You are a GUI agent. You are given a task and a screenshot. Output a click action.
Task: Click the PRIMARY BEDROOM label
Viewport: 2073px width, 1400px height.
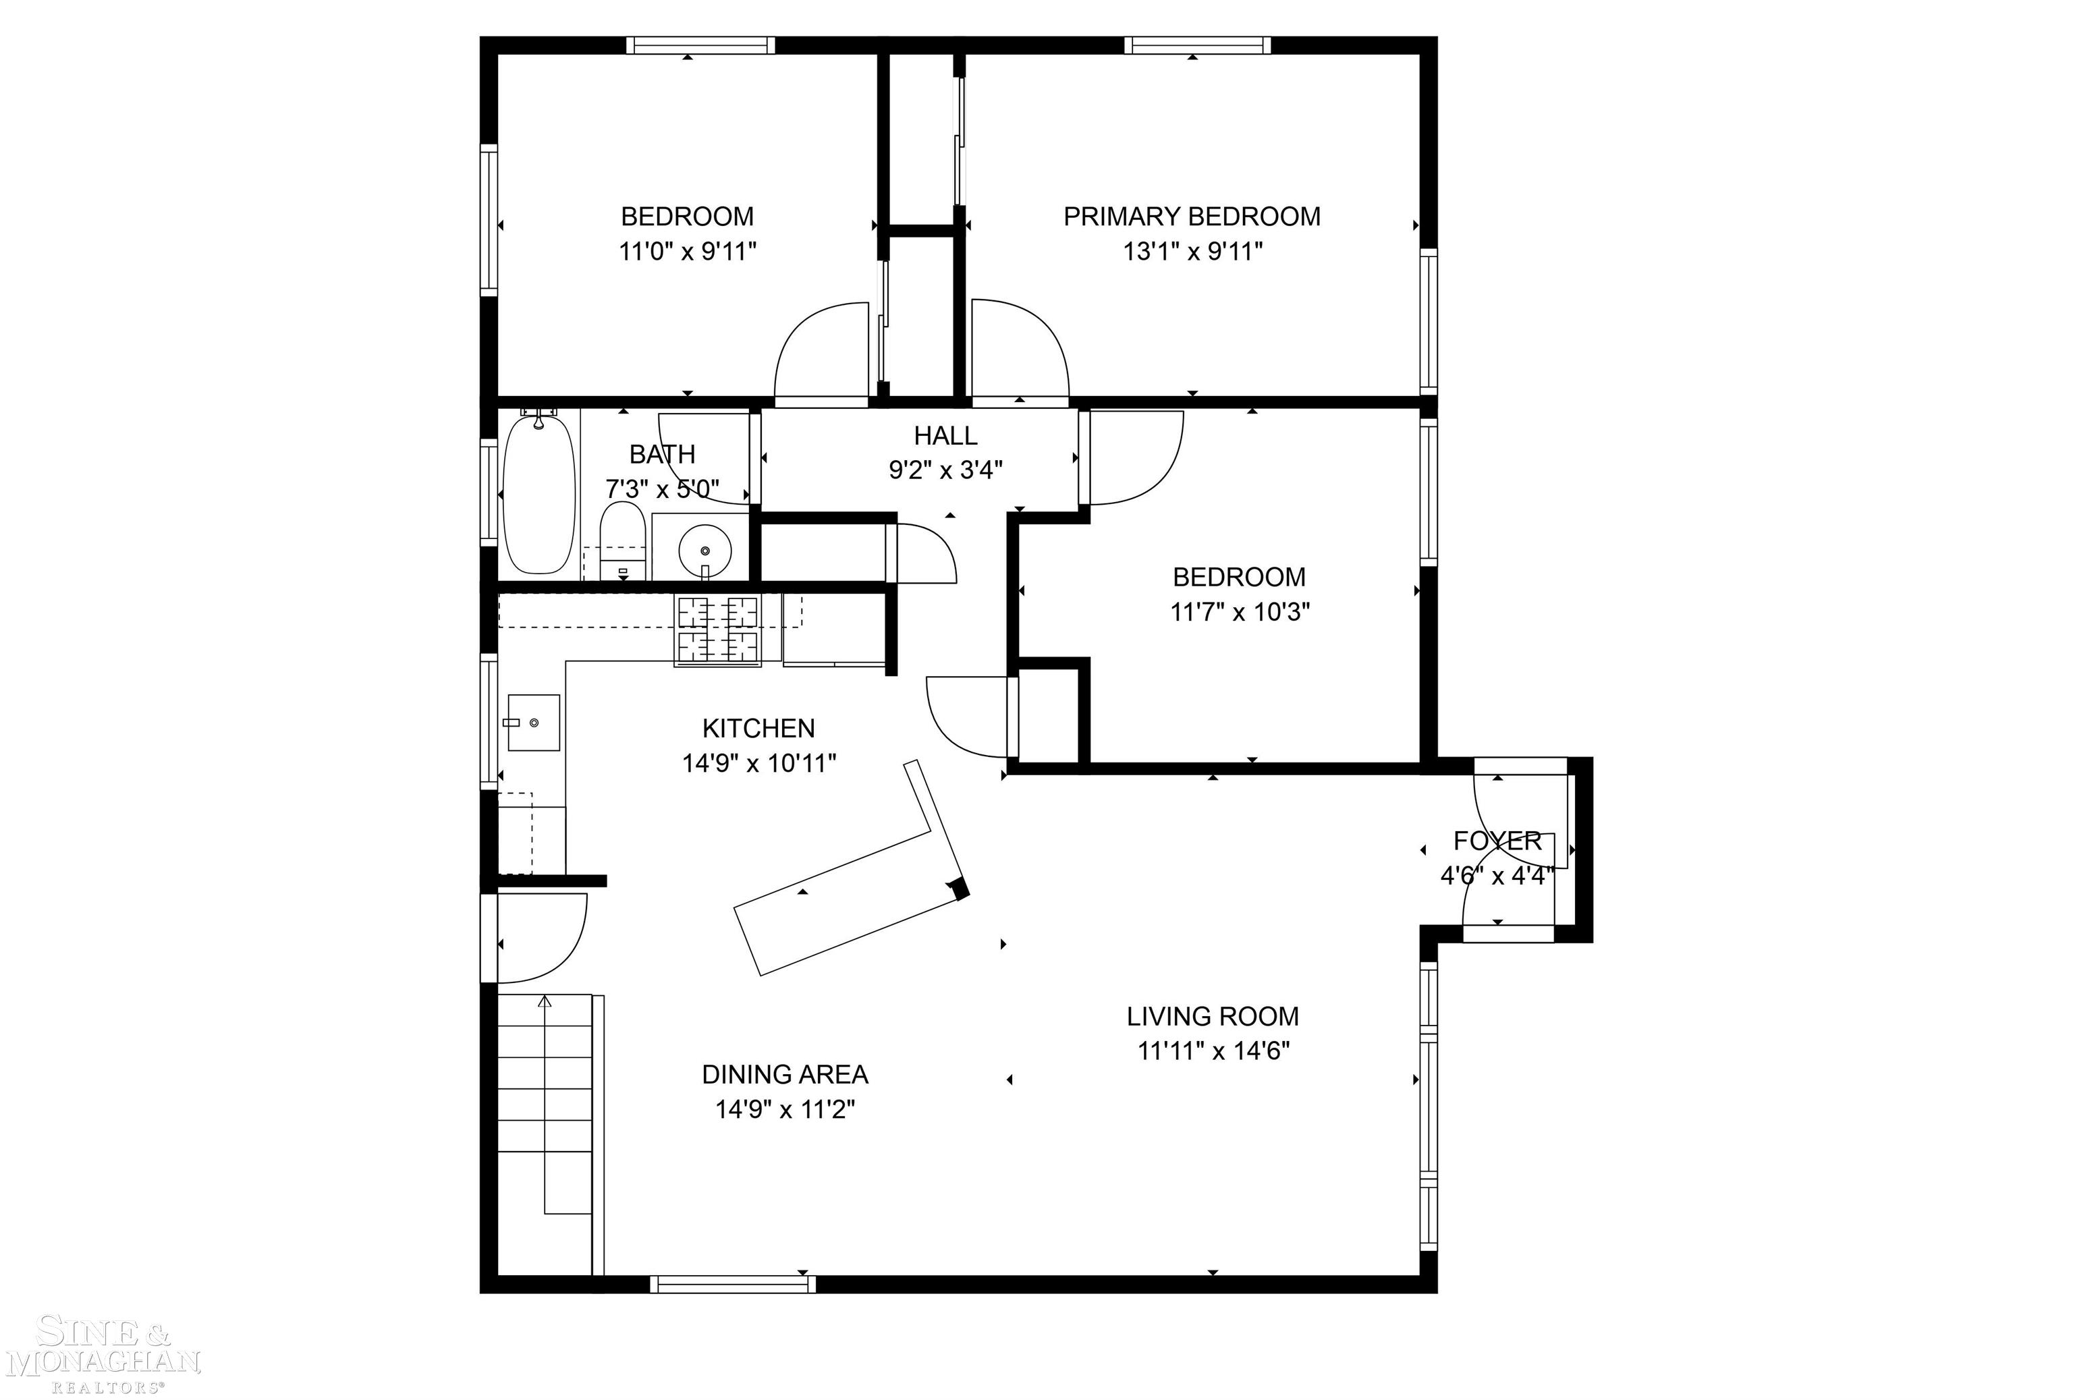coord(1191,217)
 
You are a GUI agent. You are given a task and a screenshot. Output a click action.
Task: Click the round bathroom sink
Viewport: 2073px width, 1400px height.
coord(704,550)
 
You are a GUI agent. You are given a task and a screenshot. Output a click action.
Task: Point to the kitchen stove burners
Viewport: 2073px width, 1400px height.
coord(717,629)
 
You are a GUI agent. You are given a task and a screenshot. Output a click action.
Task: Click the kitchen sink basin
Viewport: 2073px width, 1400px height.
coord(533,723)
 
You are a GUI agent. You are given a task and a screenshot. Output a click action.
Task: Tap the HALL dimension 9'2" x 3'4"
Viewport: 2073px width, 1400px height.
coord(945,470)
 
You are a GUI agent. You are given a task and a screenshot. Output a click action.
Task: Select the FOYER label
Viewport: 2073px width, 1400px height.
coord(1497,840)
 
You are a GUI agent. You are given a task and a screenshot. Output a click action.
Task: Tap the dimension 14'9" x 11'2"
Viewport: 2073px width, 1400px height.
coord(785,1109)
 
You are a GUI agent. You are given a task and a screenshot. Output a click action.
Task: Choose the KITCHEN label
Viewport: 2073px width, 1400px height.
coord(758,729)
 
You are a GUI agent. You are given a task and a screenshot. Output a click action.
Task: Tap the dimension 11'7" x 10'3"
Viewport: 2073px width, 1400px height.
coord(1240,613)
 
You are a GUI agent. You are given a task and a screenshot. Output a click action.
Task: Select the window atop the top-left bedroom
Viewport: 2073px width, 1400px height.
coord(700,45)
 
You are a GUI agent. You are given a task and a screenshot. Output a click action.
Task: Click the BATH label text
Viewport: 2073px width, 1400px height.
coord(662,455)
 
